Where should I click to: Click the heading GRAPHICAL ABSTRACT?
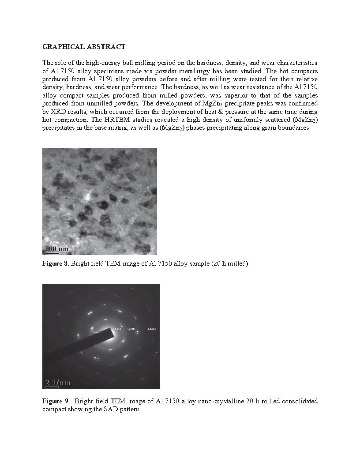[84, 46]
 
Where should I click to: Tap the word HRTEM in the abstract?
[78, 120]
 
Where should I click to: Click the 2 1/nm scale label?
[58, 382]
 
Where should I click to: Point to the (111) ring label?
[117, 329]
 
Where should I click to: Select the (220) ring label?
[152, 329]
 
